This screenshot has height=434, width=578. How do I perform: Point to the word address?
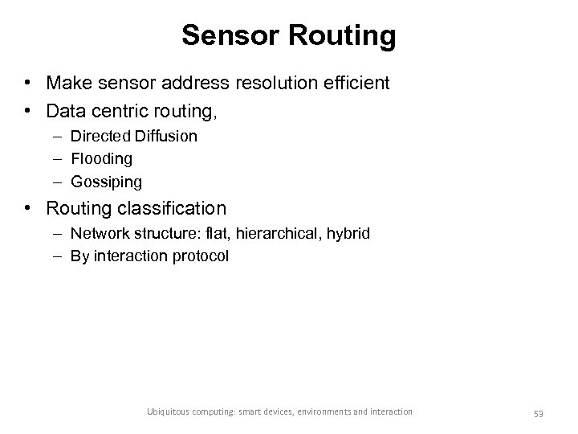click(x=187, y=83)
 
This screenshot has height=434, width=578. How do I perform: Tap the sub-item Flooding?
click(x=101, y=159)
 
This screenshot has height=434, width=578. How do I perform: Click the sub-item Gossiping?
click(x=105, y=182)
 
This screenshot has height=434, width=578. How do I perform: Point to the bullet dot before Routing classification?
click(x=28, y=209)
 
